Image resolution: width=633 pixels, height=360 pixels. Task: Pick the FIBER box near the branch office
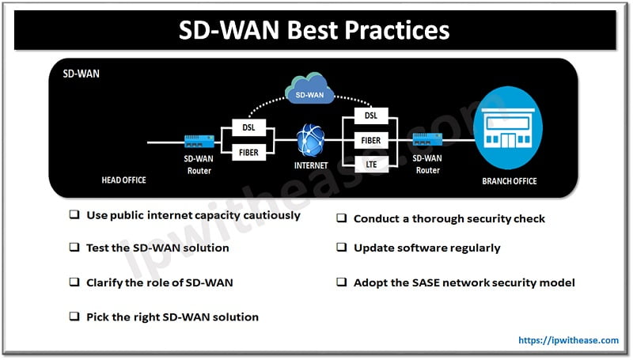[371, 139]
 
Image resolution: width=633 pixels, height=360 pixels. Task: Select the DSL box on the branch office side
[371, 116]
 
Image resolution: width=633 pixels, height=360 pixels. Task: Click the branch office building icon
[509, 131]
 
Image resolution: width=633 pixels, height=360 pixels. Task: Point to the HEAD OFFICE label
[124, 180]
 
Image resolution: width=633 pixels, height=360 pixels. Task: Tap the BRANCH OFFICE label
[509, 181]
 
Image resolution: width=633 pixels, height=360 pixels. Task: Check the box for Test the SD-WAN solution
[74, 248]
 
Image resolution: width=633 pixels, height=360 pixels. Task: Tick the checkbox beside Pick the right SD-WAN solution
[74, 317]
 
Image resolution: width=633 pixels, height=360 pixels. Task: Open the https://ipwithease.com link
[568, 340]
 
